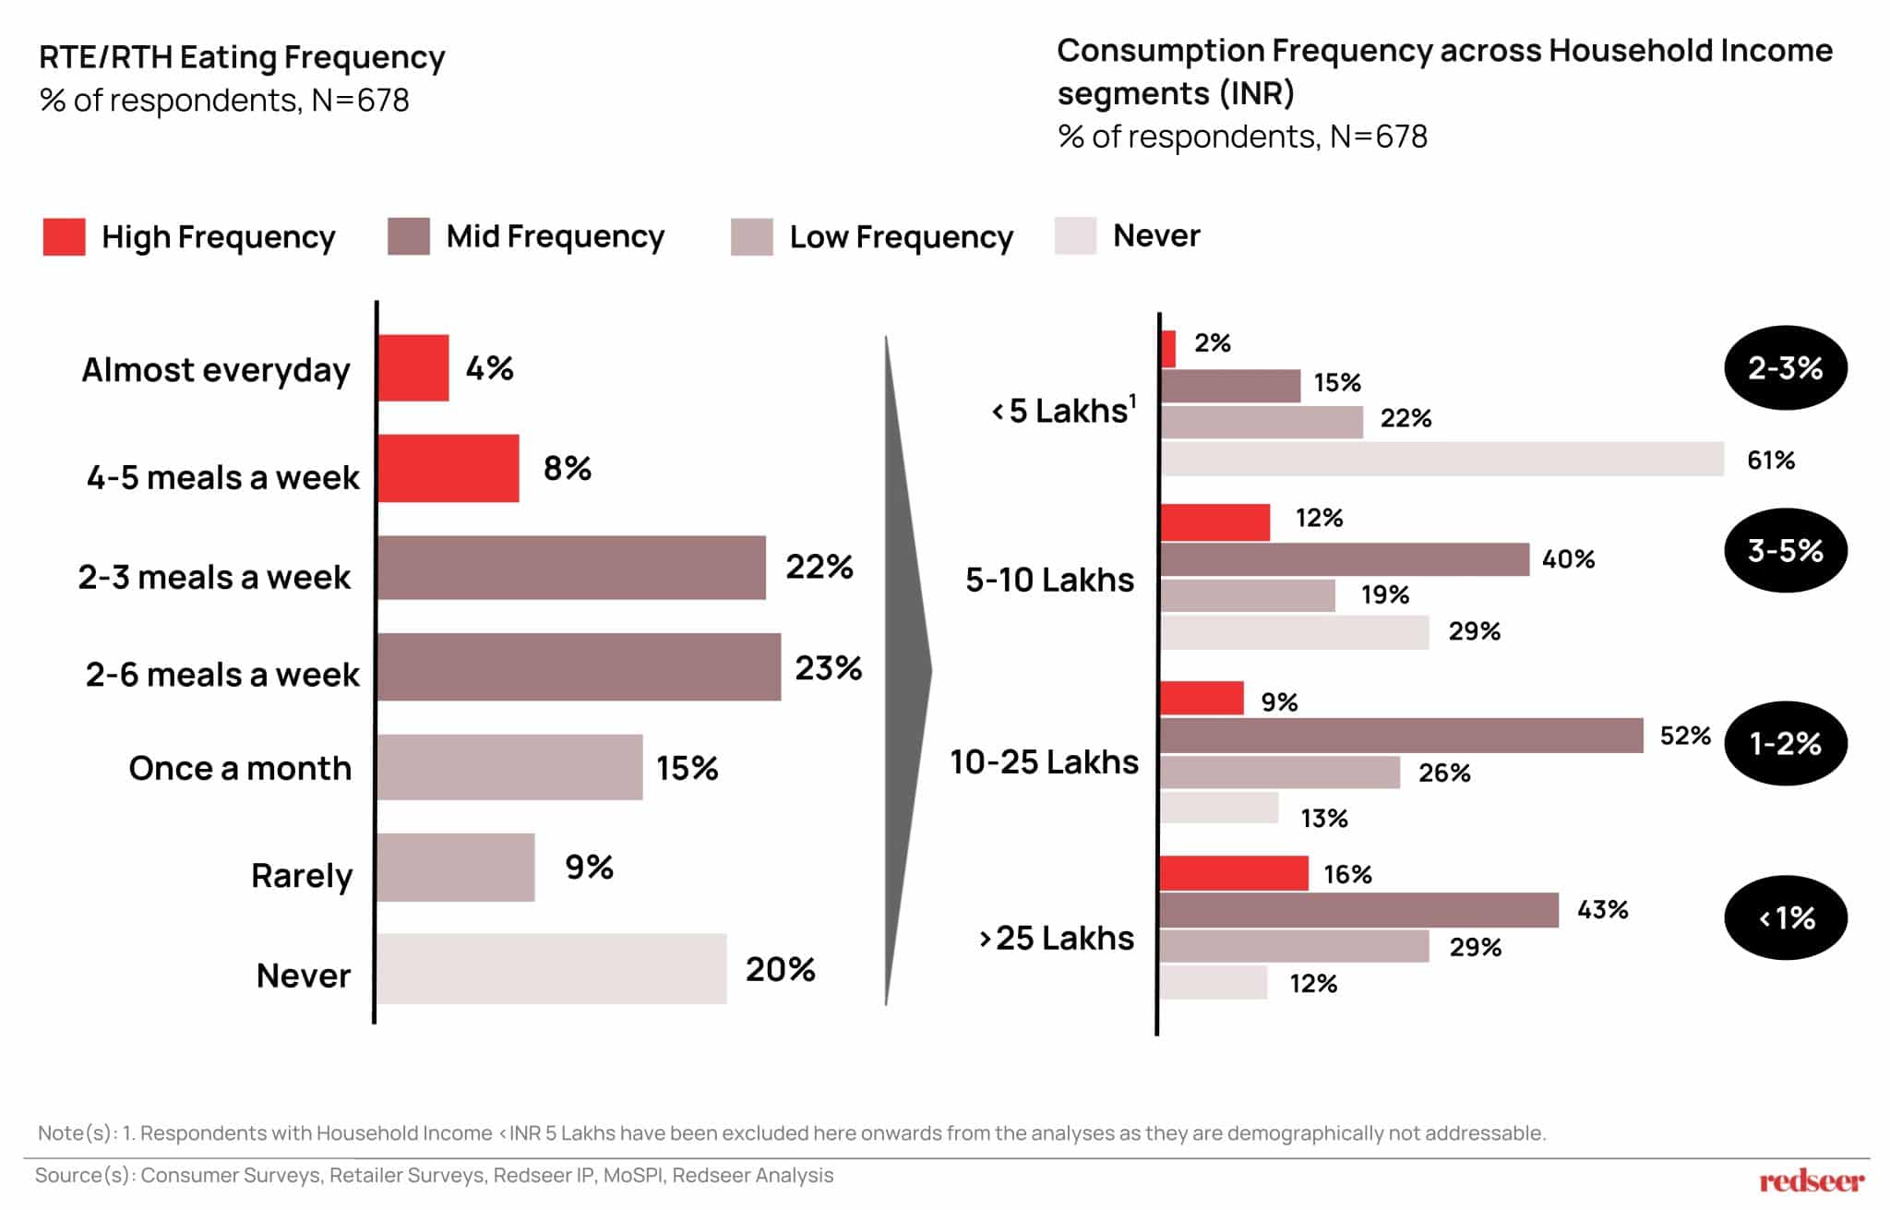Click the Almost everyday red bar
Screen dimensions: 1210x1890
[413, 368]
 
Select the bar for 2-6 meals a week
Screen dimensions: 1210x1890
[579, 667]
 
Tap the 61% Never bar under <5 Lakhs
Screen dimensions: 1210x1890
[1441, 459]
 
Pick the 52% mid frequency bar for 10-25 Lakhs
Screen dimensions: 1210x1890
[1401, 736]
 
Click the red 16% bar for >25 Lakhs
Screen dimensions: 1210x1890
[1234, 873]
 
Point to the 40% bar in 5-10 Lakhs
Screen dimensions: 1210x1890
[1345, 559]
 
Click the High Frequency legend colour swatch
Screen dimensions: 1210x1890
[64, 236]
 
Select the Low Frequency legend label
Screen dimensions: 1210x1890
[901, 236]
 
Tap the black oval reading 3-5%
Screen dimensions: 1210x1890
[1785, 551]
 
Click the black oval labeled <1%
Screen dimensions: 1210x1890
[1785, 917]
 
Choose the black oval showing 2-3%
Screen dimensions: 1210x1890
[1785, 368]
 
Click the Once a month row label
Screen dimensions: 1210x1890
[240, 768]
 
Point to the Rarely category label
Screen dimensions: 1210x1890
[302, 875]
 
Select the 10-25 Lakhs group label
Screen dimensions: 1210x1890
[1044, 761]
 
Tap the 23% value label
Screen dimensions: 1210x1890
[828, 667]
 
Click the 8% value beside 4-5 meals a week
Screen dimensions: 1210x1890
[567, 468]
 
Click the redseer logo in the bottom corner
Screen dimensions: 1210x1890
[1811, 1180]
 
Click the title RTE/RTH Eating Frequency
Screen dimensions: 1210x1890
[242, 57]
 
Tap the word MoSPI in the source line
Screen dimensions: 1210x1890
[632, 1176]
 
